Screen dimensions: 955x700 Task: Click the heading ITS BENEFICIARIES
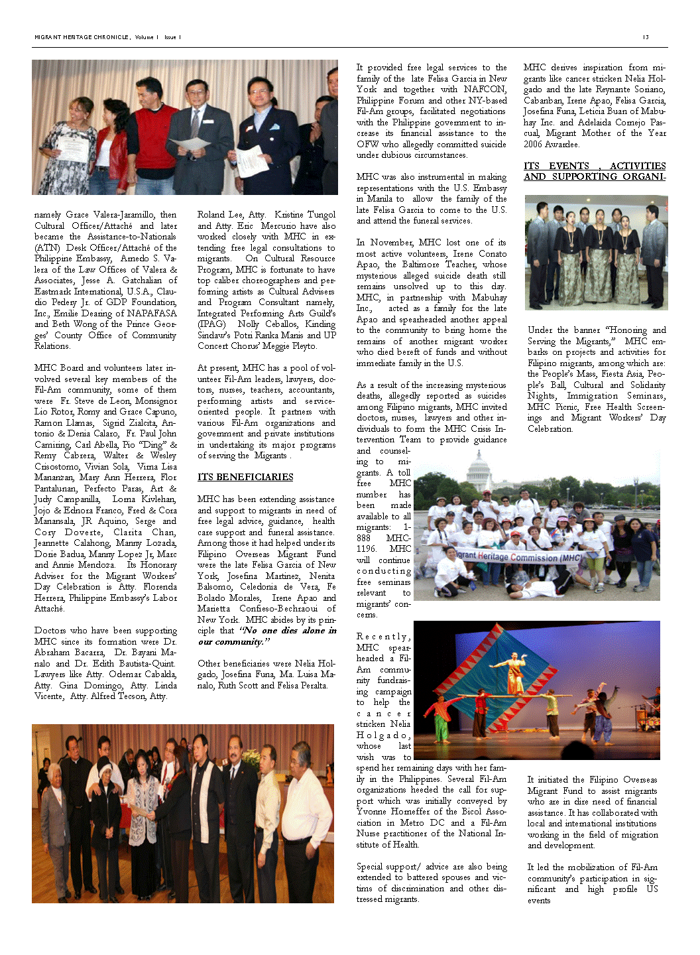tap(245, 477)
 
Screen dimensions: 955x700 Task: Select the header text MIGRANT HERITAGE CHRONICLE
tap(82, 37)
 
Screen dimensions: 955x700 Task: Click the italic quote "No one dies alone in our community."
tap(267, 636)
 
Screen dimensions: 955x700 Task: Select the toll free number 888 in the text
tap(364, 538)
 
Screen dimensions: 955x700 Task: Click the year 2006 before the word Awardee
tap(533, 144)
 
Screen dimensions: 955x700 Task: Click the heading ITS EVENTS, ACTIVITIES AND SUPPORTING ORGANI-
tap(594, 171)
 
